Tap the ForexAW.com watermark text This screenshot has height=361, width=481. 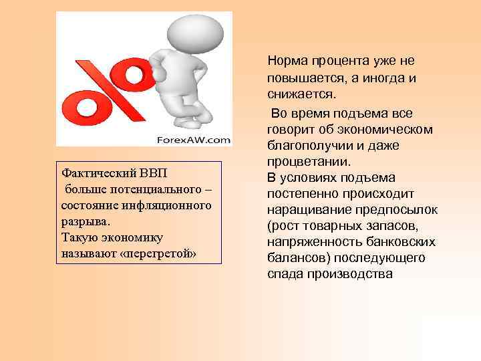pos(194,140)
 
